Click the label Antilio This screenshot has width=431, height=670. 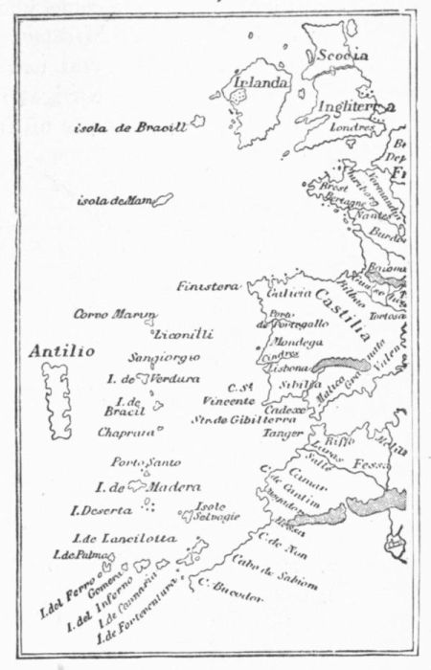[61, 351]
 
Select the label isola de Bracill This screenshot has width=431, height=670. [131, 127]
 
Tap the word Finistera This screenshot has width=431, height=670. [207, 285]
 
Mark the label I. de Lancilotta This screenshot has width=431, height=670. [124, 538]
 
